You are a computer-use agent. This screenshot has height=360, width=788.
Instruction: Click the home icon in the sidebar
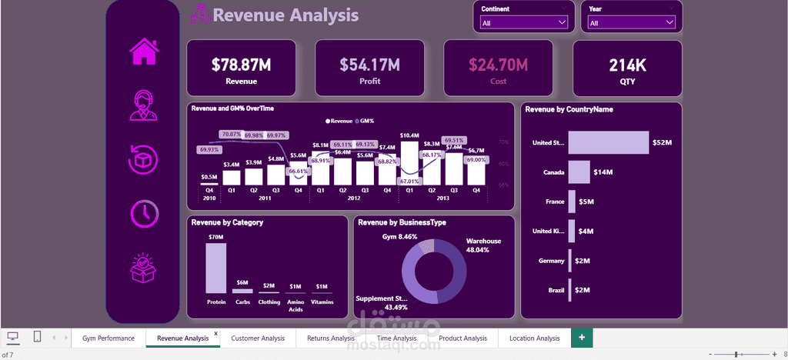pyautogui.click(x=144, y=52)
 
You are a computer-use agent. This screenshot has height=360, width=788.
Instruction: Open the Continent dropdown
pyautogui.click(x=524, y=23)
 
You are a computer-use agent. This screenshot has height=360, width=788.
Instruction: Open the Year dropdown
pyautogui.click(x=631, y=23)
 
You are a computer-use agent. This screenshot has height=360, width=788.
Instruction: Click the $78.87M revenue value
pyautogui.click(x=242, y=65)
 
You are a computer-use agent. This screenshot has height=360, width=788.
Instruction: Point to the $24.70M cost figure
pyautogui.click(x=498, y=65)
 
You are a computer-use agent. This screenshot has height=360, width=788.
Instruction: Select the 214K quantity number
pyautogui.click(x=627, y=65)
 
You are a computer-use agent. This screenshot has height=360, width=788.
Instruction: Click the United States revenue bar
pyautogui.click(x=609, y=142)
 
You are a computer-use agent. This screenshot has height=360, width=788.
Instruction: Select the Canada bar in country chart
pyautogui.click(x=579, y=172)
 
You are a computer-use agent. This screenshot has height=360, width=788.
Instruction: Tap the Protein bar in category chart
pyautogui.click(x=216, y=268)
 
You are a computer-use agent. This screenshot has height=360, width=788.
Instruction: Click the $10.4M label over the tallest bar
pyautogui.click(x=409, y=135)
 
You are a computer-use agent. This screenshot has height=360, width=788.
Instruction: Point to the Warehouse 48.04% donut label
pyautogui.click(x=483, y=245)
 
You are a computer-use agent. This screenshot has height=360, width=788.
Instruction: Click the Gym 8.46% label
pyautogui.click(x=399, y=237)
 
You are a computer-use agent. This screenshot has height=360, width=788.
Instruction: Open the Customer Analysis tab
pyautogui.click(x=257, y=338)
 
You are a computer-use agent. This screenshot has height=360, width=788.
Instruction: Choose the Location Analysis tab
pyautogui.click(x=534, y=338)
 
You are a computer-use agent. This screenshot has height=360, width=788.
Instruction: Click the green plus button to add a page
pyautogui.click(x=582, y=337)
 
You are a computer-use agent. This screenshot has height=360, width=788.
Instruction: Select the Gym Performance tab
pyautogui.click(x=109, y=338)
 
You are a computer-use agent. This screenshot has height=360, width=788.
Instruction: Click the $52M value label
pyautogui.click(x=663, y=142)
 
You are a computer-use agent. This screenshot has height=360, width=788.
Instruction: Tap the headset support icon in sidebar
pyautogui.click(x=144, y=106)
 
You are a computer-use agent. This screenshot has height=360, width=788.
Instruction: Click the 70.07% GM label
pyautogui.click(x=231, y=134)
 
